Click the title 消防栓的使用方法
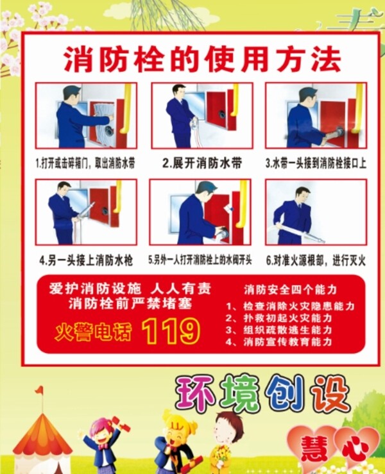[203, 59]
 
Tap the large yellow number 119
[171, 331]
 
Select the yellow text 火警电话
[93, 332]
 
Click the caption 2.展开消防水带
[202, 163]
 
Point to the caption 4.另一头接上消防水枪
[87, 260]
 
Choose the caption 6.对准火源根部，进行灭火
[316, 260]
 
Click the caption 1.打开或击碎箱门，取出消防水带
[85, 163]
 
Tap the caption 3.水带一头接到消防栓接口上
[316, 163]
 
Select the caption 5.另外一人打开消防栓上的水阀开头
[200, 260]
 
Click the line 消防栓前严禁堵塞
[130, 304]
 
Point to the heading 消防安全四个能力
[291, 290]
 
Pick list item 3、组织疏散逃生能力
[278, 329]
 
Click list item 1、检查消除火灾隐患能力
[290, 306]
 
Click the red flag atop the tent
[39, 390]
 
